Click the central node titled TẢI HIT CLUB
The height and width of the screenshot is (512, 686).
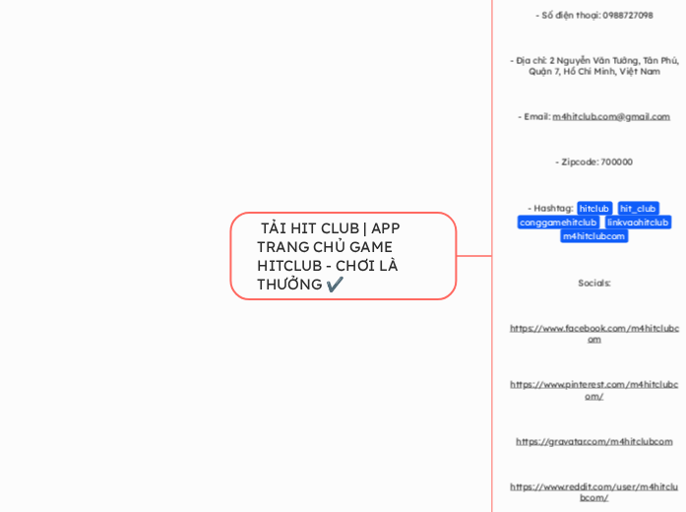pos(343,256)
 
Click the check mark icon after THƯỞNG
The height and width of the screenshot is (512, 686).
pos(335,285)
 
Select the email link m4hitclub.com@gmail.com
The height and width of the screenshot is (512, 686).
pos(610,116)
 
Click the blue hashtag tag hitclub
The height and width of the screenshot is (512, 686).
pos(594,208)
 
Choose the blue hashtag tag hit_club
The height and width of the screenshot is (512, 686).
pos(638,208)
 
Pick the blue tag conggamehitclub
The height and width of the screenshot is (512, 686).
pos(558,222)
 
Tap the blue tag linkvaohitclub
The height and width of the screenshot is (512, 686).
pos(637,222)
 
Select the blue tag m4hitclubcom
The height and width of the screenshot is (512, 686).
pos(593,235)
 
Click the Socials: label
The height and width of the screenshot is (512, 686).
pos(593,283)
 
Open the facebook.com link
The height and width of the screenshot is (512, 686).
pos(593,333)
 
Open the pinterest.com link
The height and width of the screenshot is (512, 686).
pos(593,390)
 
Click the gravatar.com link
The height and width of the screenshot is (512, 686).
pos(593,441)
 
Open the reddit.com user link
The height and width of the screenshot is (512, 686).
pos(593,491)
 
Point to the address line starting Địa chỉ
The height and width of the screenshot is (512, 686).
pos(593,65)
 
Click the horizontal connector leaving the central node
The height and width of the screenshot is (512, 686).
pos(474,256)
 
